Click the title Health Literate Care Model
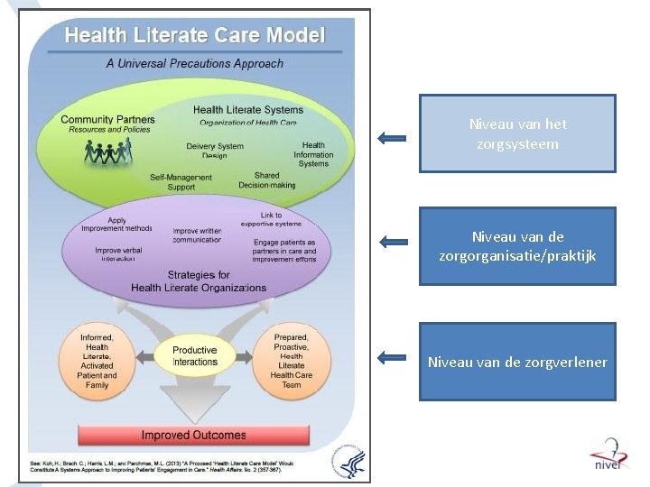(x=195, y=36)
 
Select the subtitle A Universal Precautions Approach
(x=195, y=64)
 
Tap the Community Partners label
(x=107, y=119)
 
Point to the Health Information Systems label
(x=313, y=154)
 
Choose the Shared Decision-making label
(x=266, y=180)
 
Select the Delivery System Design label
(x=215, y=151)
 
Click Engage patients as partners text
(x=284, y=251)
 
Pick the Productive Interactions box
(x=195, y=356)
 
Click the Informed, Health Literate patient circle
(x=97, y=361)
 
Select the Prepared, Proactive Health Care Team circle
(x=292, y=361)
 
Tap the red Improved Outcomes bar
(x=193, y=435)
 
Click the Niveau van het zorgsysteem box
(x=517, y=134)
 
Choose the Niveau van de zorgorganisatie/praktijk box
(x=517, y=246)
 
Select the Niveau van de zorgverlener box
(x=517, y=362)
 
